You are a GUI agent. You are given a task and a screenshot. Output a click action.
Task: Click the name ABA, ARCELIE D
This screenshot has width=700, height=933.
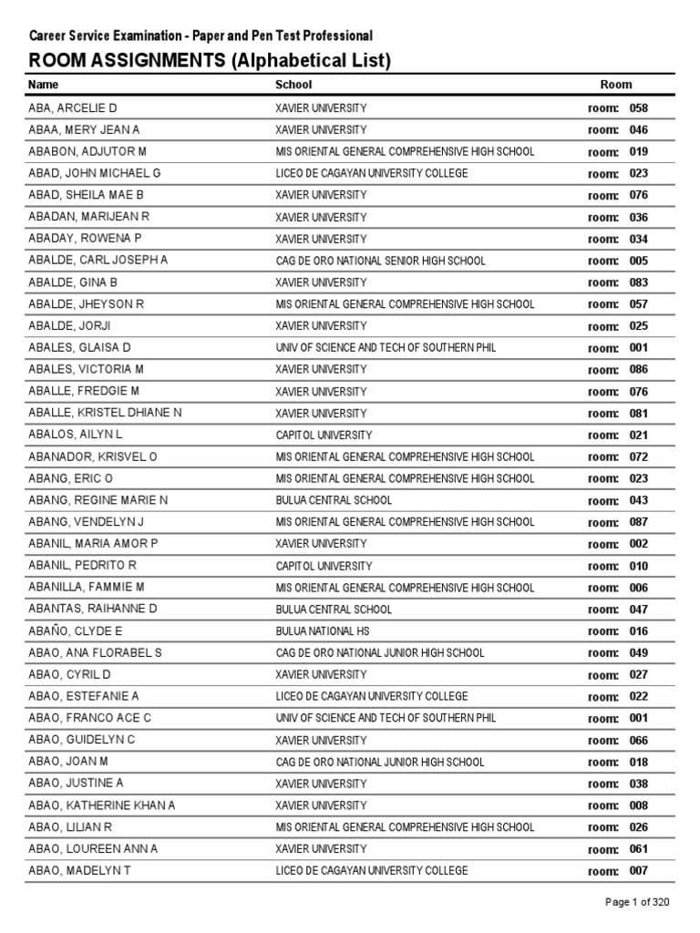click(73, 108)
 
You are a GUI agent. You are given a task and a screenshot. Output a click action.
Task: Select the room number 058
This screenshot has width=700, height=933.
click(638, 108)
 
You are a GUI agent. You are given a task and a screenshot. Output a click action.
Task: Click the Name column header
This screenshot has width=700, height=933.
click(43, 85)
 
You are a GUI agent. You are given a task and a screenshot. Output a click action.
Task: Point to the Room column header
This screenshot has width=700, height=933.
click(615, 85)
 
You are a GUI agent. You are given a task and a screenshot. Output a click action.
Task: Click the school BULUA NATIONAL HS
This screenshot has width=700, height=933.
click(323, 631)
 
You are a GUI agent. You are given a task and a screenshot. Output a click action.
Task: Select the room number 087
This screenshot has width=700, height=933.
click(638, 523)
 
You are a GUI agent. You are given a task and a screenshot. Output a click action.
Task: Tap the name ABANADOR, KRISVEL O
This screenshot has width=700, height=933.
click(93, 457)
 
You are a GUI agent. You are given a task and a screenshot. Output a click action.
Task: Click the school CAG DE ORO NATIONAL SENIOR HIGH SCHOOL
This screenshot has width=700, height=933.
click(380, 261)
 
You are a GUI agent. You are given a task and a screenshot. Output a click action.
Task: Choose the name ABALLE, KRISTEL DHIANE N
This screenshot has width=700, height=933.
click(105, 414)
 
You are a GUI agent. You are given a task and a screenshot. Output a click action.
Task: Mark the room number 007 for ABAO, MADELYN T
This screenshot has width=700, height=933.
click(638, 872)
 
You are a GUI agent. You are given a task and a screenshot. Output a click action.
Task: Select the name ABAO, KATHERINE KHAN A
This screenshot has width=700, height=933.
click(102, 806)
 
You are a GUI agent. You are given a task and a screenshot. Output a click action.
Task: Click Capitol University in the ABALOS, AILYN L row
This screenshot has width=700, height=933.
click(324, 436)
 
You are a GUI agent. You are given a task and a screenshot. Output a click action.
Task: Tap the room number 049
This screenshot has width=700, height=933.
click(638, 653)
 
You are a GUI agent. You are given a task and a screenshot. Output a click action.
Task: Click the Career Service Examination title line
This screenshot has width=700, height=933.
click(201, 36)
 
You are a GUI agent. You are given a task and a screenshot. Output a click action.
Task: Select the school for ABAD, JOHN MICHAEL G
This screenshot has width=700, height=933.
click(372, 173)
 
